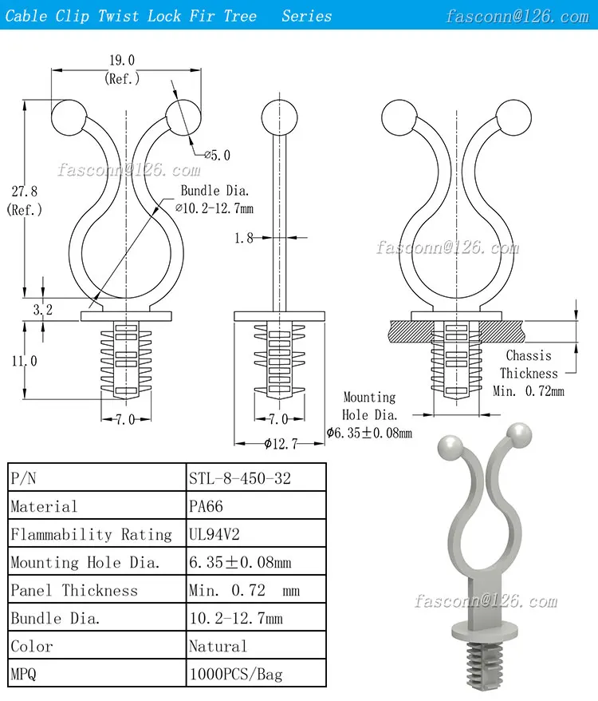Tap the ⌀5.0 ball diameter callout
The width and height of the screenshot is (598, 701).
[x=216, y=155]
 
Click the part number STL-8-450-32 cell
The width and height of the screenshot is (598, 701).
[x=240, y=478]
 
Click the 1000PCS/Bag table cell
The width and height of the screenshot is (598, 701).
[x=236, y=674]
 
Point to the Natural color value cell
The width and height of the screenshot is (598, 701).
[x=218, y=646]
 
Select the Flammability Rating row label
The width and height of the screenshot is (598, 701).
[x=91, y=534]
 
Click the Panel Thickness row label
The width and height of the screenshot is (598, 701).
[x=74, y=590]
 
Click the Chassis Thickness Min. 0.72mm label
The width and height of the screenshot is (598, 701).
[x=529, y=373]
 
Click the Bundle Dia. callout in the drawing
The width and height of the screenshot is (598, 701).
[x=214, y=200]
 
